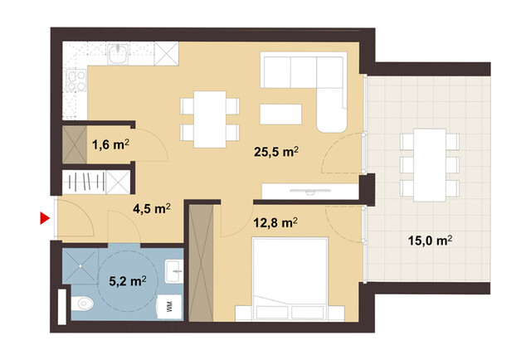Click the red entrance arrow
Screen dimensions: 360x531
[x=45, y=219]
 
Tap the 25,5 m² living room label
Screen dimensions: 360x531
[x=276, y=152]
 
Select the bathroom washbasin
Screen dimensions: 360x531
[x=173, y=270]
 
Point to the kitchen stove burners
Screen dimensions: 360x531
[x=76, y=80]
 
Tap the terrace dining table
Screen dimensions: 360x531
[x=429, y=163]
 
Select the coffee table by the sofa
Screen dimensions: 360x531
[x=280, y=114]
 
